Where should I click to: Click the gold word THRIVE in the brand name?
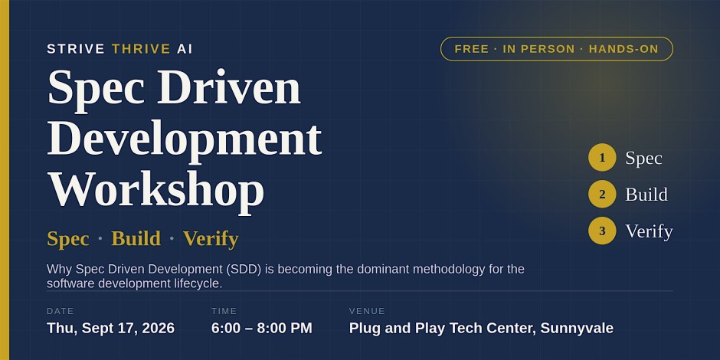141,49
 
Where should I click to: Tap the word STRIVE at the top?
76,49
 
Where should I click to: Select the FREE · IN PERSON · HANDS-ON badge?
557,49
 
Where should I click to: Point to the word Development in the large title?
185,139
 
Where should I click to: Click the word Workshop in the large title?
156,190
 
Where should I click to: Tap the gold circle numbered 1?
602,158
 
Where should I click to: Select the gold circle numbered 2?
602,195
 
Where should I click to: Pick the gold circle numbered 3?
602,231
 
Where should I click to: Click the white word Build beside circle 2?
646,195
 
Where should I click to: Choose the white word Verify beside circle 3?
649,231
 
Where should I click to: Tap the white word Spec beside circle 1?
643,159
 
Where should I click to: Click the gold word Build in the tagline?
136,238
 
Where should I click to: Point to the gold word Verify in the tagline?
211,239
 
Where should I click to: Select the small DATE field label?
61,311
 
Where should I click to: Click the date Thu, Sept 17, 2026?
110,329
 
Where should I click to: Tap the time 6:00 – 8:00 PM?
262,329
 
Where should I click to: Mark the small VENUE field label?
367,311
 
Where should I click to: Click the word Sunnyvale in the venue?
577,329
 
